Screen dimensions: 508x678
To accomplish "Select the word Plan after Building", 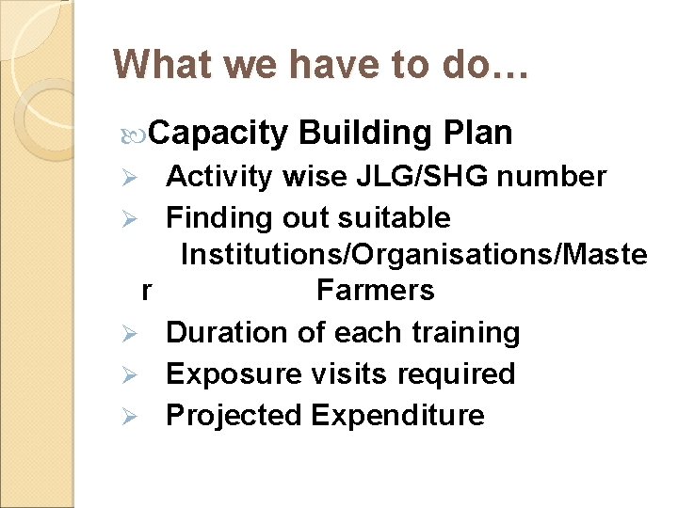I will point(477,134).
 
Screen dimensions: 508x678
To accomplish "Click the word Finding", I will point(218,218).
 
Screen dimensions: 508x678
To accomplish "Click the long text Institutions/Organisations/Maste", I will point(413,254).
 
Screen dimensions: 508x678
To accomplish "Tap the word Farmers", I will point(375,291).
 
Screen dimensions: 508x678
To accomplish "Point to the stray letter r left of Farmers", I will point(146,291).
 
